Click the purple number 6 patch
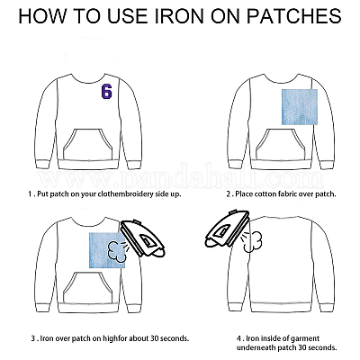(x=106, y=91)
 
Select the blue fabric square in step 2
(x=300, y=107)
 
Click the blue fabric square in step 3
(x=107, y=250)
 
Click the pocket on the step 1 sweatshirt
(x=88, y=145)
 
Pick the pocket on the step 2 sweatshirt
(x=281, y=145)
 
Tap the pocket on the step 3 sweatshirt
(x=88, y=288)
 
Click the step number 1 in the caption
(x=30, y=194)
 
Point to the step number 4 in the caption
(x=238, y=338)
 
